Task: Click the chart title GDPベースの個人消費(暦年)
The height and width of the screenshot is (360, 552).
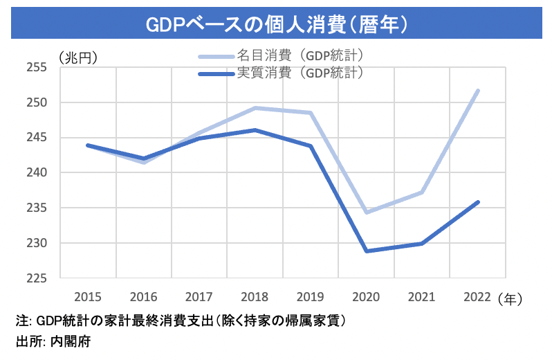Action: point(275,23)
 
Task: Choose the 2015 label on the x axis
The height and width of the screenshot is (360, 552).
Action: point(88,298)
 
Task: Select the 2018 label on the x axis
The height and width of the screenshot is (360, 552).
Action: point(255,298)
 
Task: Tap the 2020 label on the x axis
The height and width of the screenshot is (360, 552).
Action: point(366,298)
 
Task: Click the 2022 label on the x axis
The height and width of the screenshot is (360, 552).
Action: point(477,298)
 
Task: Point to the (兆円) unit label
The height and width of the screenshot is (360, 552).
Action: point(78,57)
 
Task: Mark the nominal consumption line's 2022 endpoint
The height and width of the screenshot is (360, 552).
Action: point(477,91)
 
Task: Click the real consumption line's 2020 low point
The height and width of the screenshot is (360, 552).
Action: point(366,251)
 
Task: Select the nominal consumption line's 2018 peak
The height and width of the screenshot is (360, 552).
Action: point(255,108)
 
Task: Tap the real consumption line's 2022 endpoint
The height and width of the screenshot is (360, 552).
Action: point(477,202)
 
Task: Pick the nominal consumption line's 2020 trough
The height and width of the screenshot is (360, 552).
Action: point(366,212)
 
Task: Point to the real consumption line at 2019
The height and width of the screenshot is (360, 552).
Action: point(311,146)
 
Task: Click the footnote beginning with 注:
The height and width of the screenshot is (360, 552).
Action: point(181,321)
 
